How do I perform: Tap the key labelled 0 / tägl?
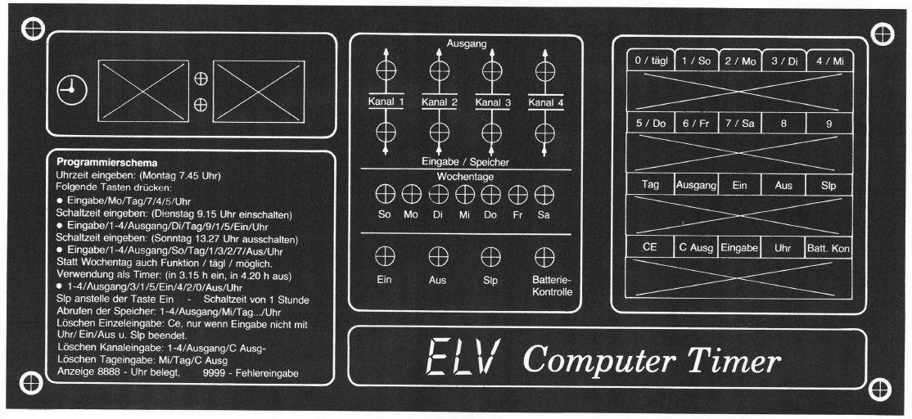(650, 61)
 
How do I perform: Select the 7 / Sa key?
(740, 124)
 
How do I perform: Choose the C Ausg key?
(696, 248)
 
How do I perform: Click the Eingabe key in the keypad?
(739, 248)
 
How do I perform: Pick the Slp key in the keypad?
(828, 185)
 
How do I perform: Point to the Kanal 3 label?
(493, 103)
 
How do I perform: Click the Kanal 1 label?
(386, 102)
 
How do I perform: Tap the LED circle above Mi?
(465, 194)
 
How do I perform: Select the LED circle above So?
(385, 194)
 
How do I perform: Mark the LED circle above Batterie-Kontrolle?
(544, 256)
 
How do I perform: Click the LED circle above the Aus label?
(437, 256)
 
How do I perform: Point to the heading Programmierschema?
(107, 163)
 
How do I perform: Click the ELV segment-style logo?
(463, 357)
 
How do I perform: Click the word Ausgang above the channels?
(467, 43)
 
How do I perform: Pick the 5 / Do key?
(650, 124)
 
